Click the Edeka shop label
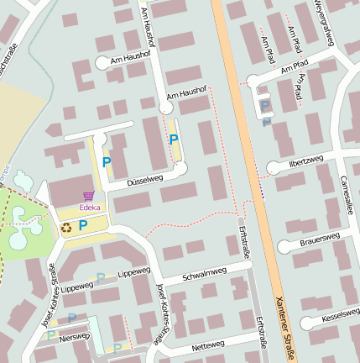click(x=90, y=206)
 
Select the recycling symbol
click(x=65, y=226)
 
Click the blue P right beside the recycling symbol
click(x=83, y=225)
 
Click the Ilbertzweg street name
click(x=305, y=160)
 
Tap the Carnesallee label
click(x=344, y=194)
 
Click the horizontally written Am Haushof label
click(x=186, y=95)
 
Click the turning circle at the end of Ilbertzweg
click(x=272, y=167)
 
